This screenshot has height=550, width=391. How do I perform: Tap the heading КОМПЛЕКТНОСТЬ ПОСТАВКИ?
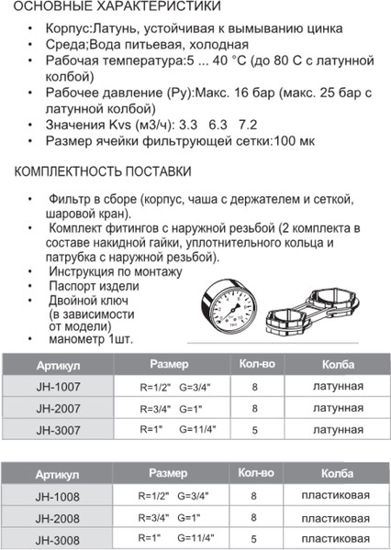[103, 171]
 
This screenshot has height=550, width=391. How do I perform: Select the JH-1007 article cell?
[59, 387]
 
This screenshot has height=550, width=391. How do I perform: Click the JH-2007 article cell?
[59, 408]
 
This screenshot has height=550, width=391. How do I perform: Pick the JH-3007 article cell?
[59, 428]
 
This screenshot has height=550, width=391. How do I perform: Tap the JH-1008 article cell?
[59, 497]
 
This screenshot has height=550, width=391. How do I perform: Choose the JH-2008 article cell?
[59, 518]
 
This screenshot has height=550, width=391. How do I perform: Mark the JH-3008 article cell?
[59, 538]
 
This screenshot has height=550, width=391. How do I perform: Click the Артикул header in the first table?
[57, 364]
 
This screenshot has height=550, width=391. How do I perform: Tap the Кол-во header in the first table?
[256, 364]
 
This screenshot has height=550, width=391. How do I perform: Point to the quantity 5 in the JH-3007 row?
[254, 428]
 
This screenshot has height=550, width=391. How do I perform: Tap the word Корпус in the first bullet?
[66, 28]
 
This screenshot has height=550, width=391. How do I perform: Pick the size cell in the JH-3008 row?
[176, 538]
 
